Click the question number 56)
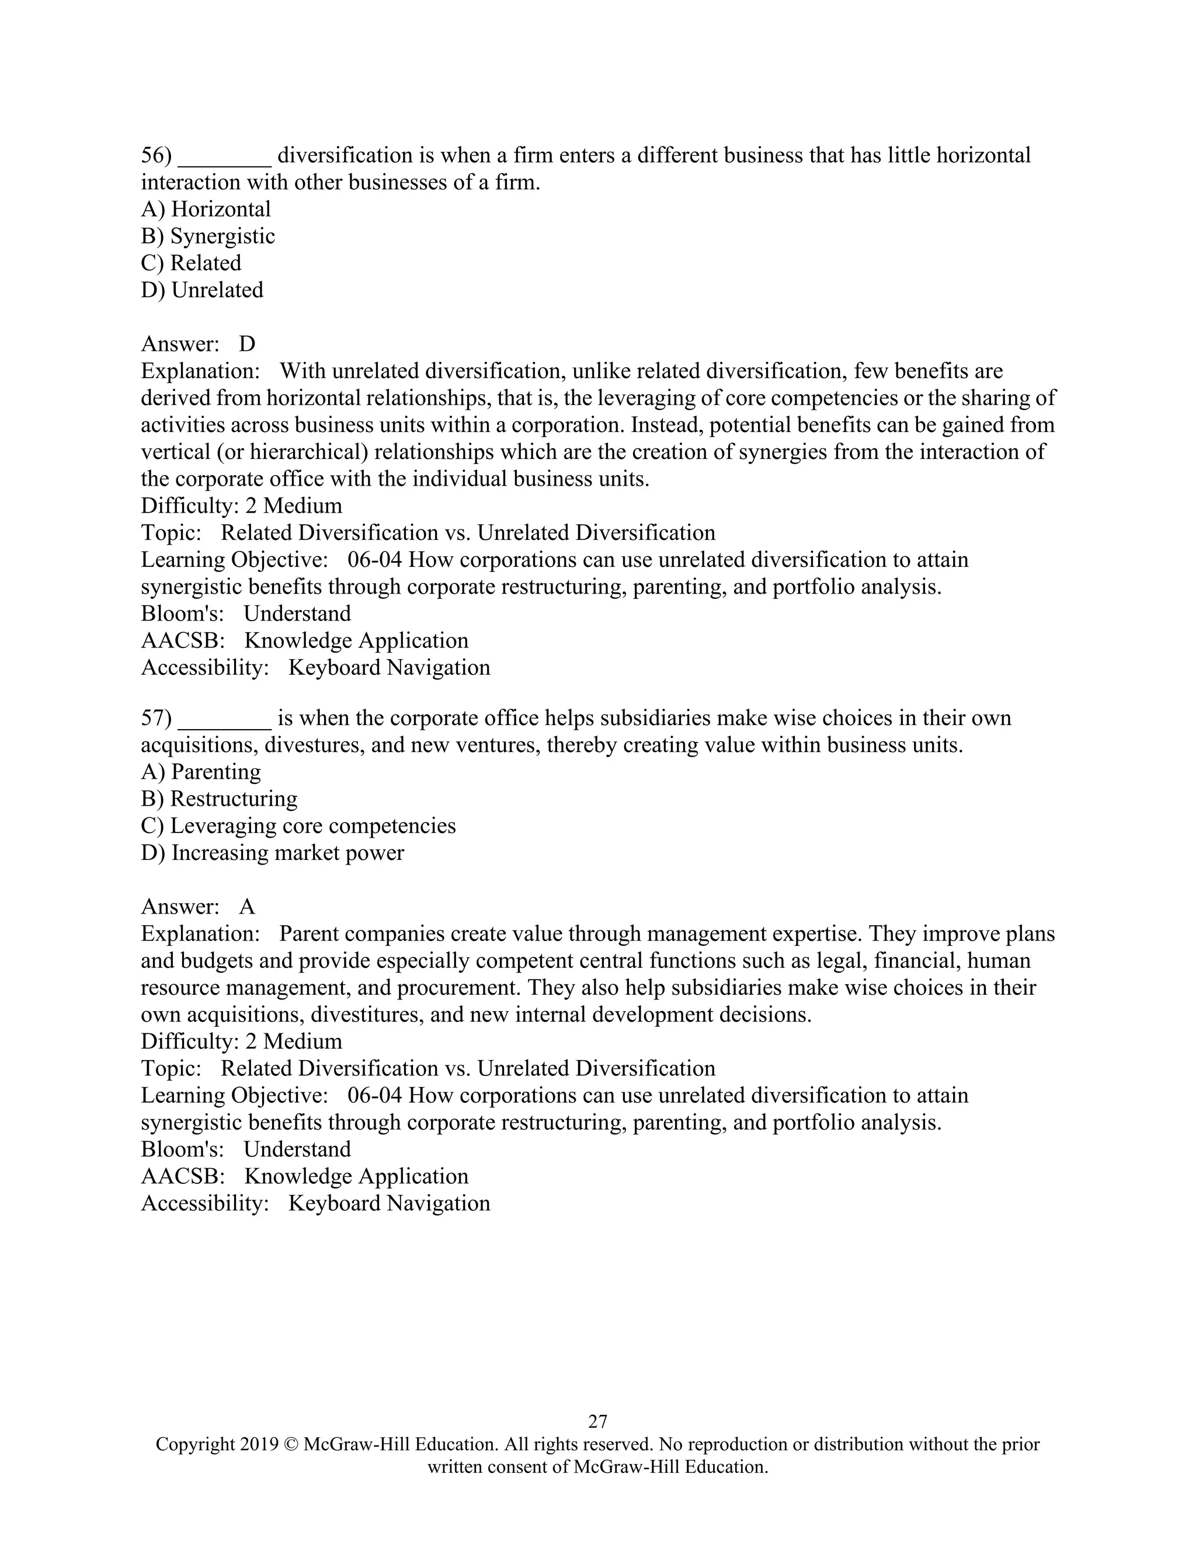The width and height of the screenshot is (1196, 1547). pos(157,155)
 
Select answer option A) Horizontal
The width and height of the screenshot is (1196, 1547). pos(206,209)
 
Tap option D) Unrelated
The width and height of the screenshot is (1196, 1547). pos(202,290)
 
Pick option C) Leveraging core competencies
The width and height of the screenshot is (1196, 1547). pos(298,825)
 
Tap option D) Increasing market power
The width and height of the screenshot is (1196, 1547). pos(272,852)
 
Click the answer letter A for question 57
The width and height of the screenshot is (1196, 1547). pos(246,907)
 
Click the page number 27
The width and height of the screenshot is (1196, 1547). pos(597,1421)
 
